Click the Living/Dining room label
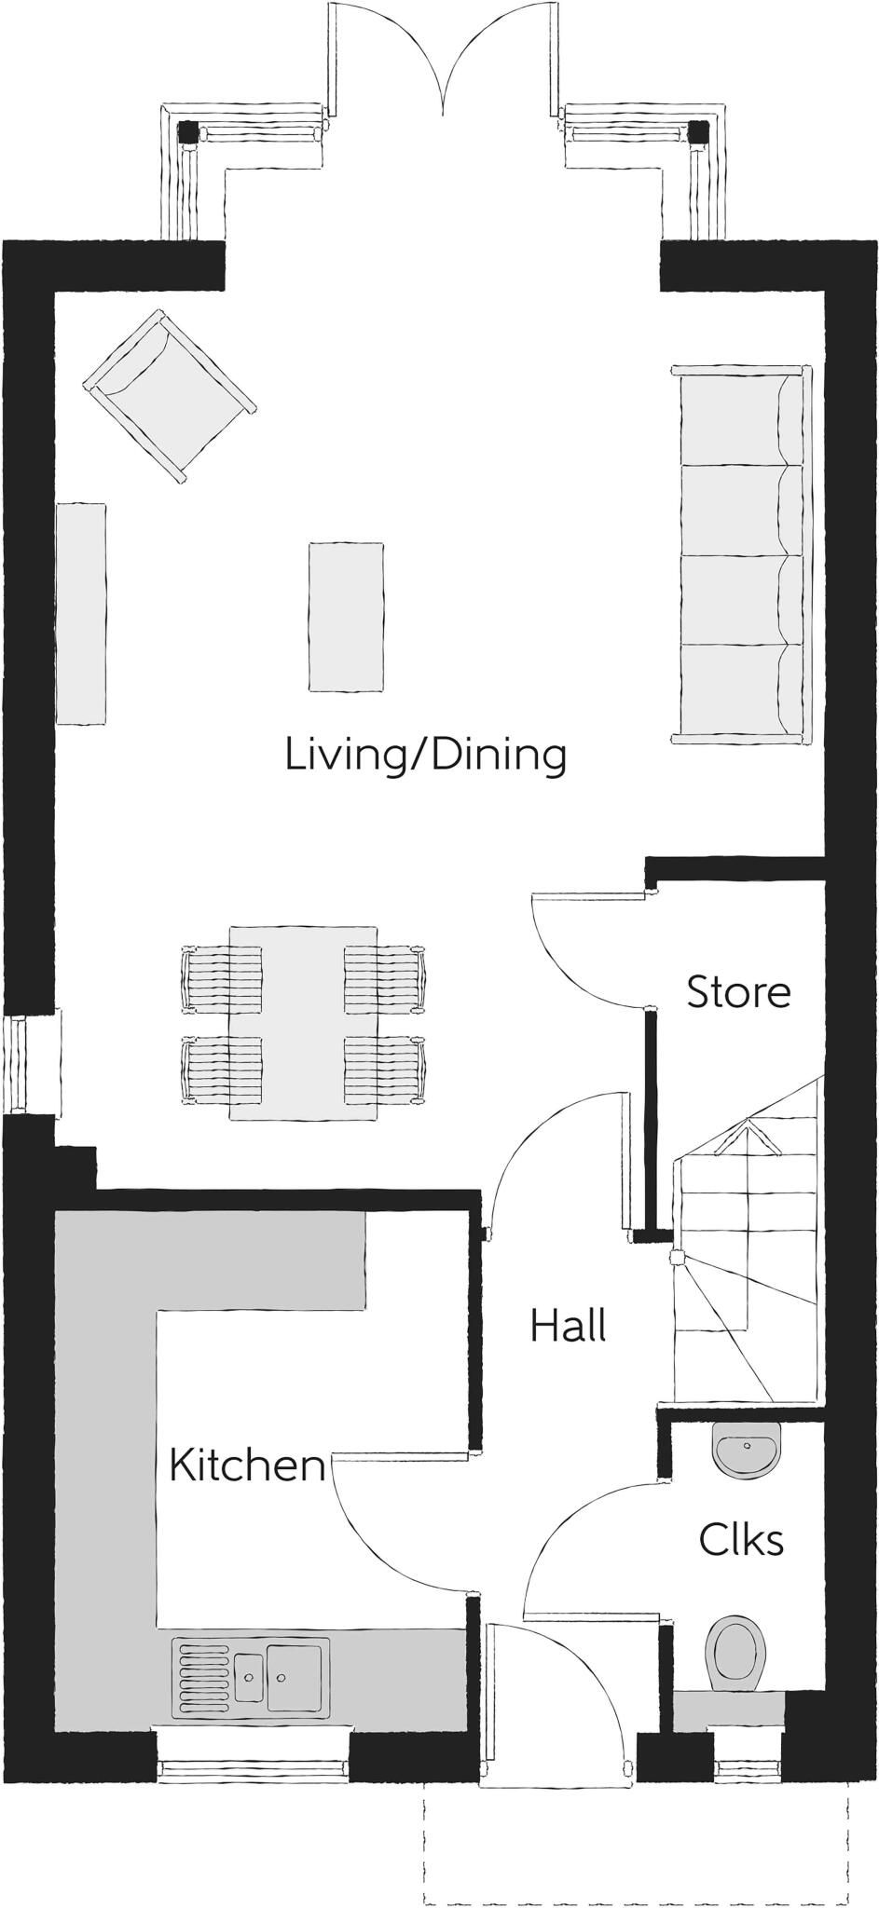coord(426,754)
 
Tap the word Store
coord(738,992)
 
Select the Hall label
coord(568,1326)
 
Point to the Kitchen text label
coord(247,1465)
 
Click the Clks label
coord(741,1540)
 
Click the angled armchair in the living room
coord(170,396)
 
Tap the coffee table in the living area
coord(346,618)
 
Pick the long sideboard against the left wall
coord(81,614)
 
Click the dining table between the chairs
coord(303,1022)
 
